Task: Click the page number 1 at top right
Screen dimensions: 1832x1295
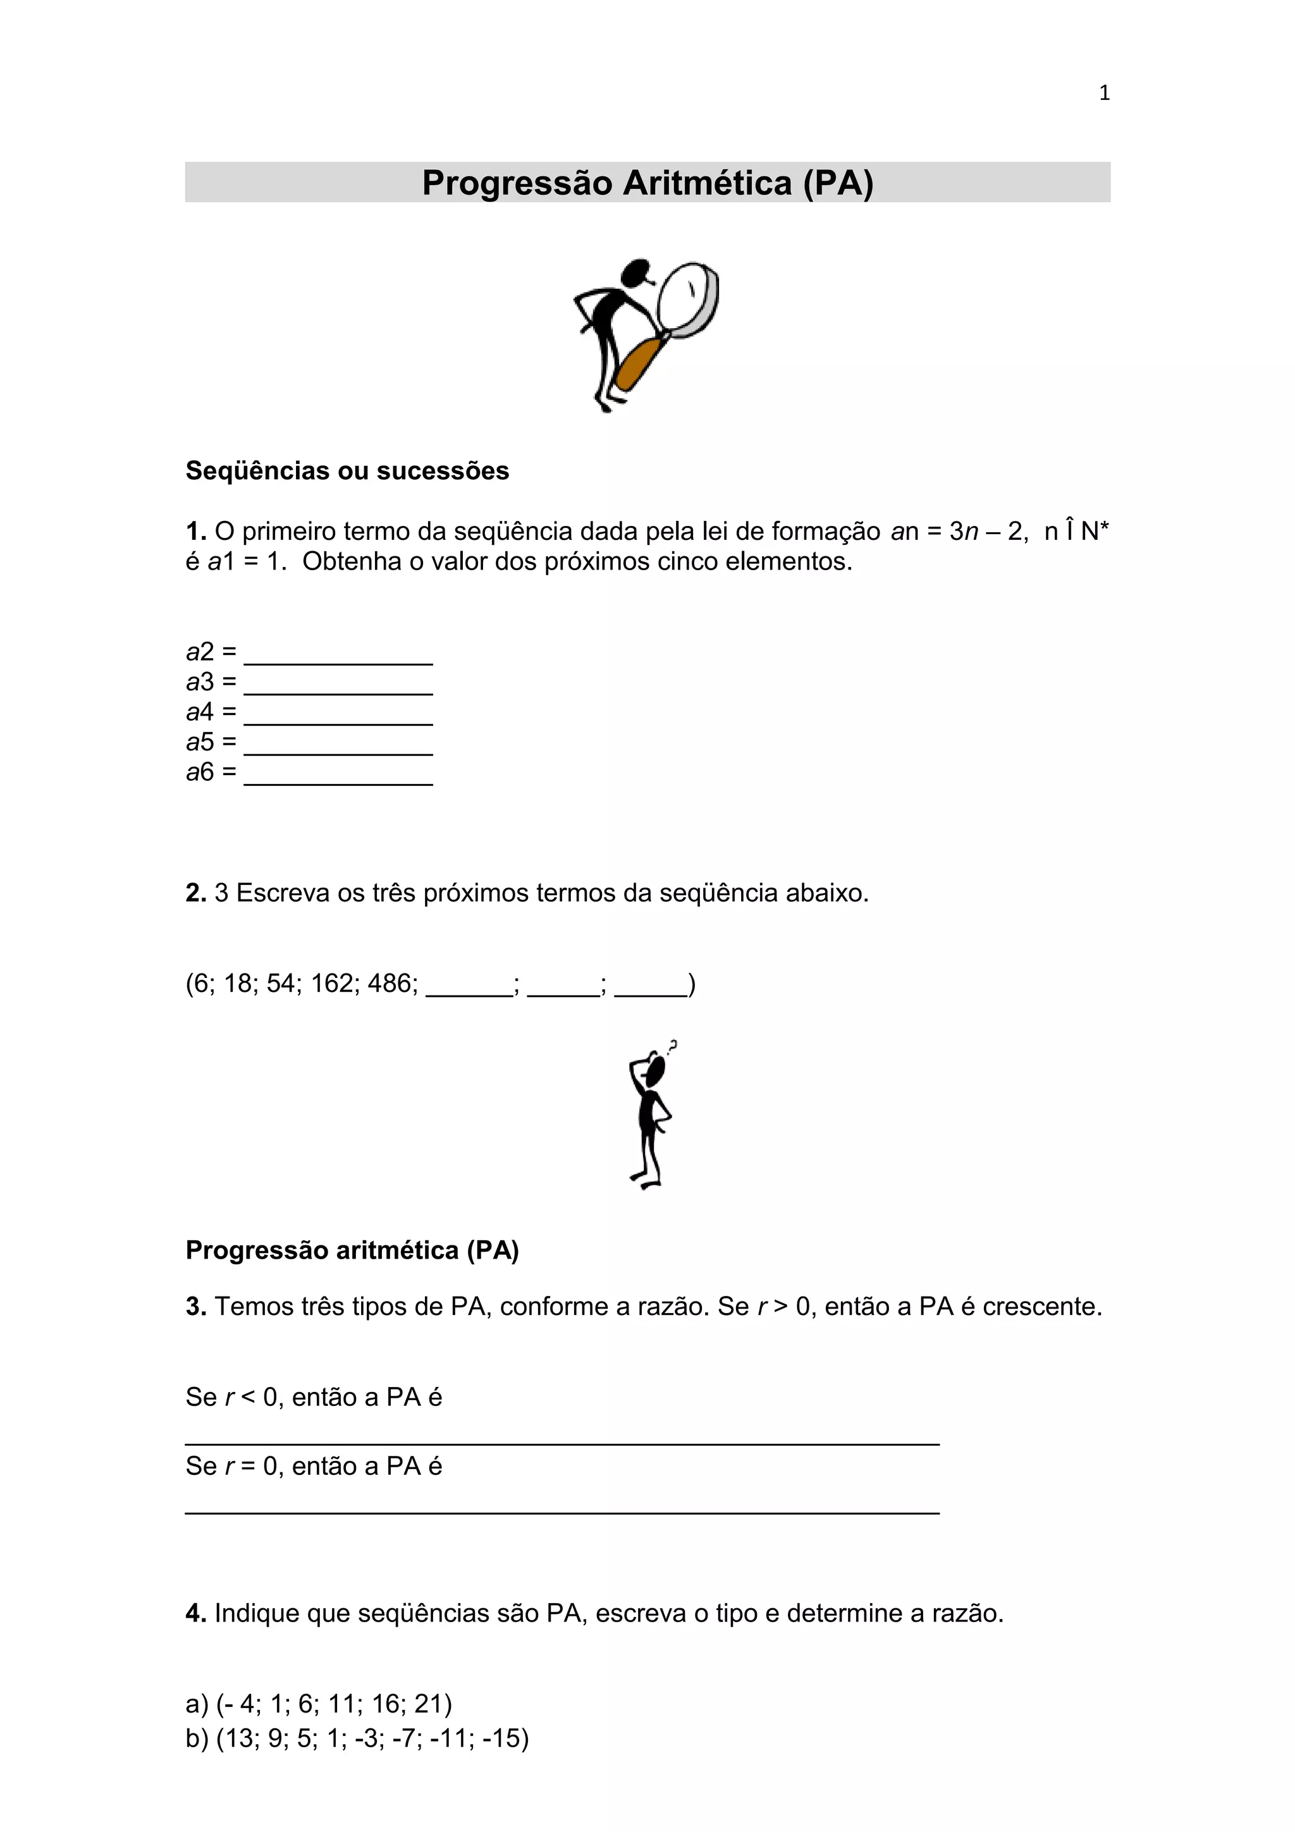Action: (1103, 94)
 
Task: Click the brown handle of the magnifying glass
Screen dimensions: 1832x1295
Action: (639, 364)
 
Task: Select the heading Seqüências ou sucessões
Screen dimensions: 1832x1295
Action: (347, 471)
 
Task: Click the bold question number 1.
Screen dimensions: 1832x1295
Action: (195, 532)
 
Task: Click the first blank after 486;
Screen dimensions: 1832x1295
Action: (469, 989)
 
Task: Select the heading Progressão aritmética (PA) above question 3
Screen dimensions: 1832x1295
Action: (352, 1250)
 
